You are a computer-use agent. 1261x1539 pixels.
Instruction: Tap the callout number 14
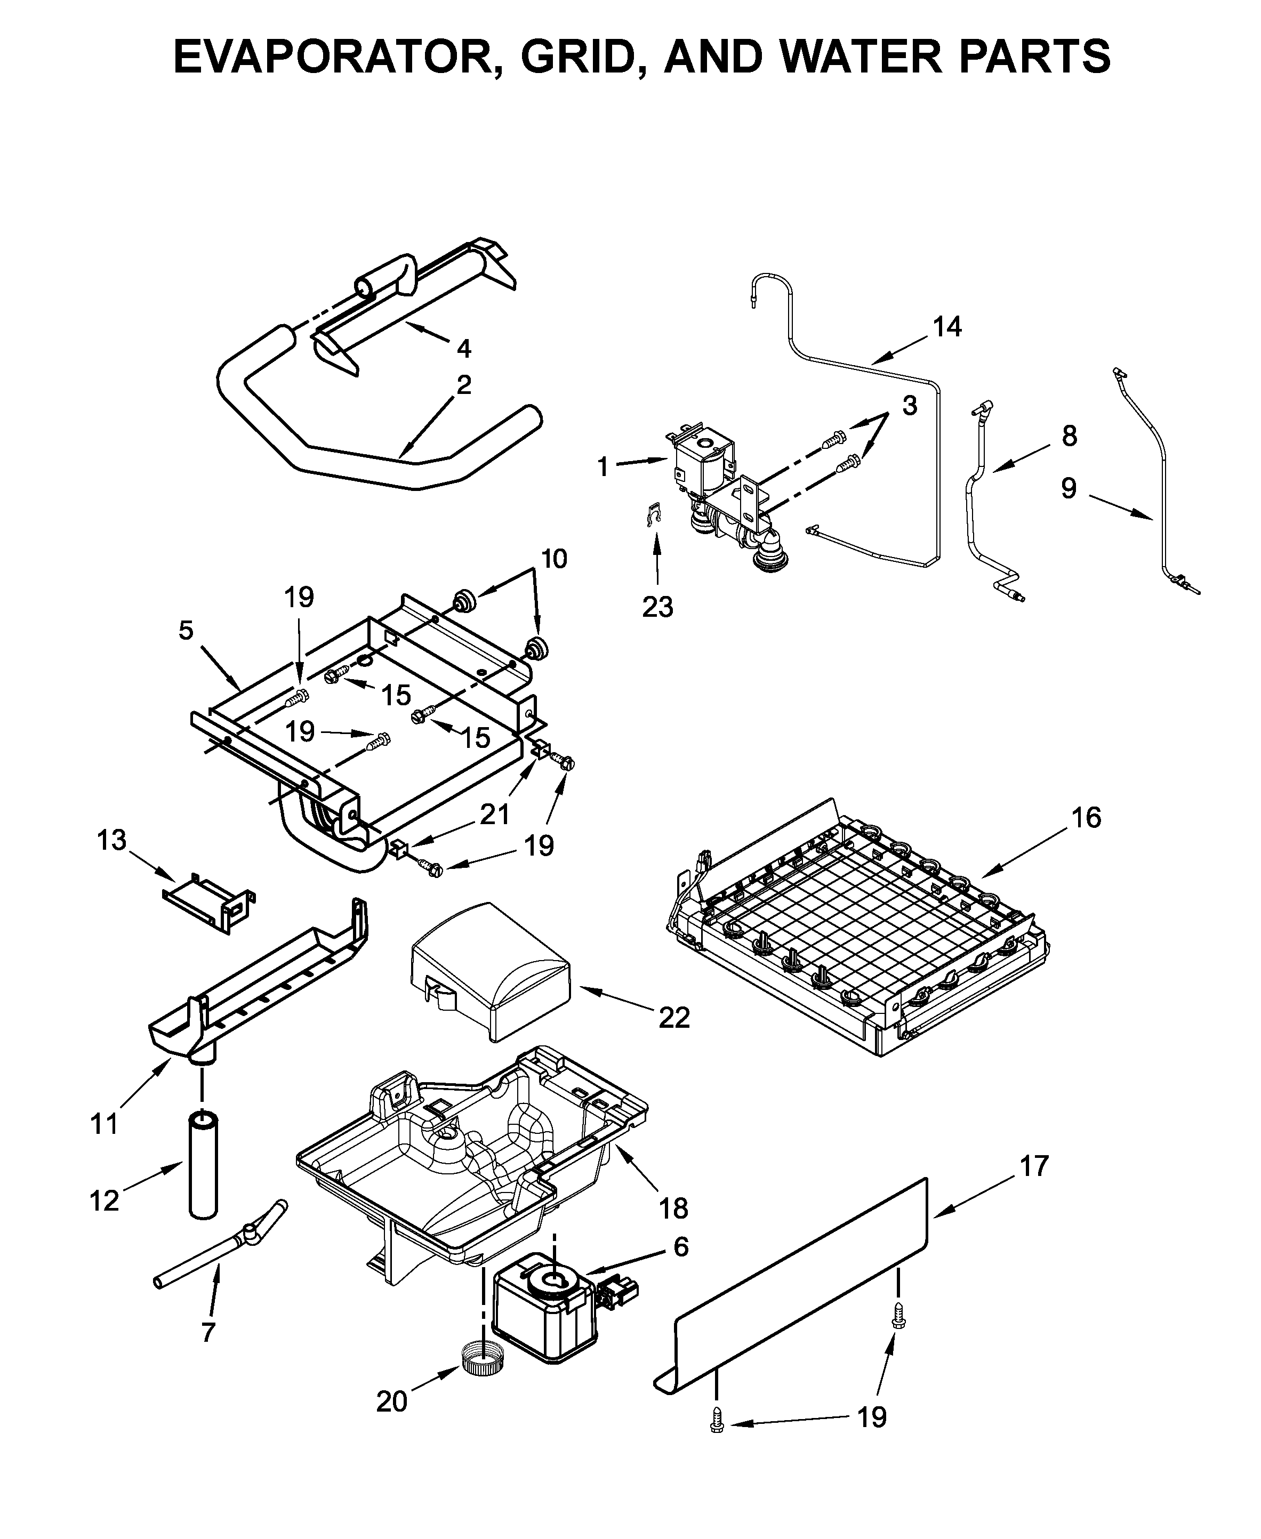point(946,327)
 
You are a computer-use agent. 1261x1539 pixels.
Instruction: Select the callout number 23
point(657,607)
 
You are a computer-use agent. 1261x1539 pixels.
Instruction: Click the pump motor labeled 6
point(545,1315)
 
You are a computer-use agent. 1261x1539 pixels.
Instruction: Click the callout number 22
point(673,1018)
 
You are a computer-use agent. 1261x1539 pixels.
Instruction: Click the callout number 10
point(553,559)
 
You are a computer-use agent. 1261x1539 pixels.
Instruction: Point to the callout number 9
point(1068,488)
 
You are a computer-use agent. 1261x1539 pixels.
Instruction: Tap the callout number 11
point(105,1124)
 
